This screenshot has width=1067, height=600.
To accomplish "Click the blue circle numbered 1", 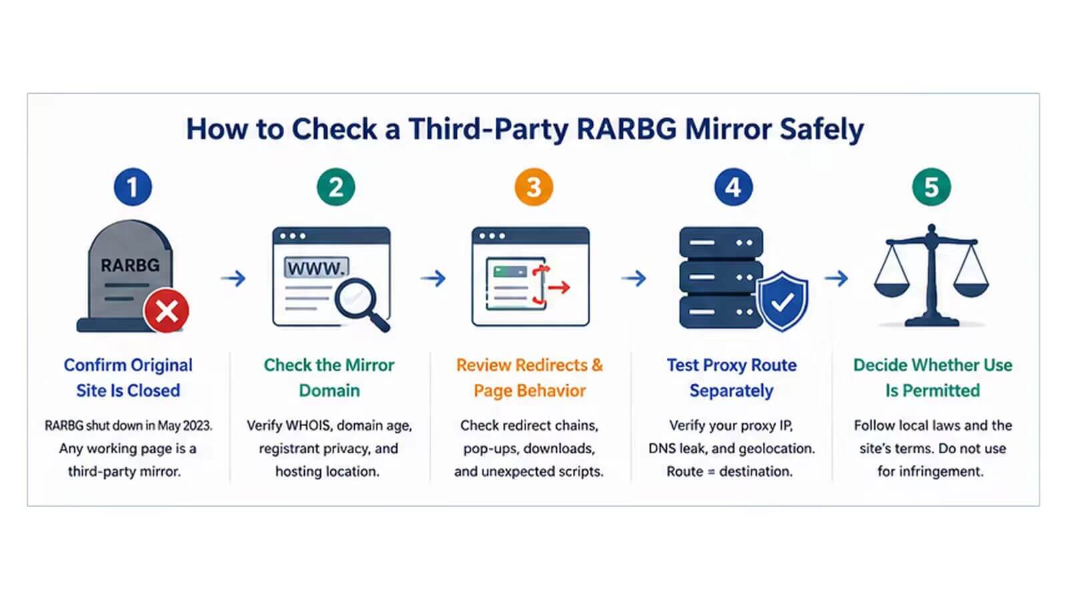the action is [133, 187].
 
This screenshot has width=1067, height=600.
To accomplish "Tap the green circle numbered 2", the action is [336, 187].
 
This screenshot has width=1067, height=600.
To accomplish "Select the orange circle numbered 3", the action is [534, 187].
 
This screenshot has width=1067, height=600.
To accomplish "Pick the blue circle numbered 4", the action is [734, 187].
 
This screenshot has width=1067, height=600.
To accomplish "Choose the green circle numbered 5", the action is [932, 187].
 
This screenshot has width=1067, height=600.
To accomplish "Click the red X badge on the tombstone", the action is [167, 311].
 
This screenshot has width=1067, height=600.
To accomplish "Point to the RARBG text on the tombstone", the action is [130, 265].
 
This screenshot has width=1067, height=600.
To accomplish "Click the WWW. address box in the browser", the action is [317, 268].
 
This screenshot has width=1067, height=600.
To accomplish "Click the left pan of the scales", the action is [892, 289].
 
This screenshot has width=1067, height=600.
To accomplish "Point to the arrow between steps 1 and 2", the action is [233, 278].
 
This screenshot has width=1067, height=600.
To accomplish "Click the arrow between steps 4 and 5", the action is [836, 278].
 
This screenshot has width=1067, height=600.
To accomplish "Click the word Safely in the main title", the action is [822, 130].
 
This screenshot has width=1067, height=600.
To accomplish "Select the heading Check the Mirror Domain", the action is [329, 377].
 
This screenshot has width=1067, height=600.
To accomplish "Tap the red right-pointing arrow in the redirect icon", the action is [559, 287].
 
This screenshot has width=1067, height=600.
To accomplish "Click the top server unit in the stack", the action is [721, 243].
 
